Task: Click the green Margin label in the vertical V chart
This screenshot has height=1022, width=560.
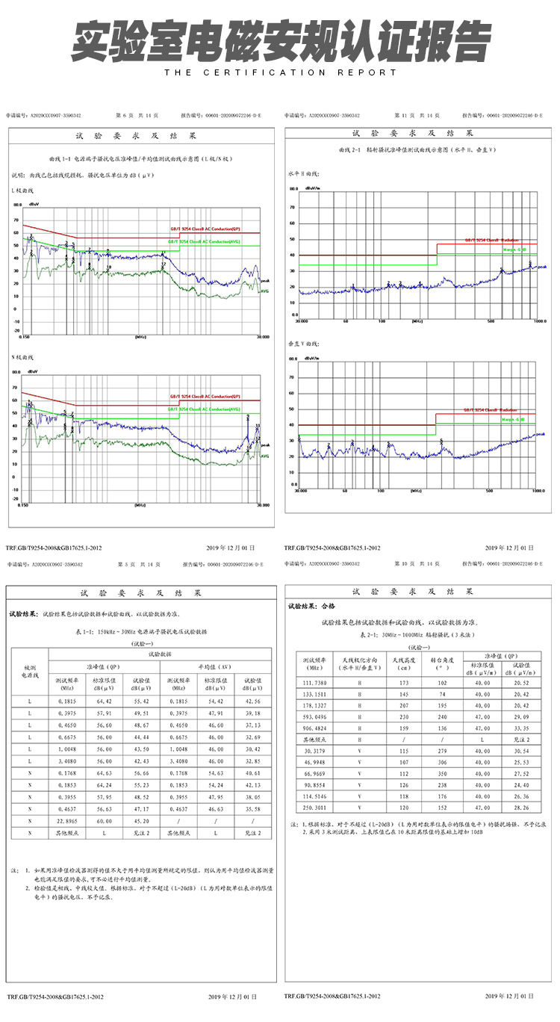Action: coord(514,421)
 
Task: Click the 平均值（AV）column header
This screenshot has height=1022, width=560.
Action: coord(215,667)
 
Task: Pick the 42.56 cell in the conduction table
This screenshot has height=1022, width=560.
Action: coord(252,702)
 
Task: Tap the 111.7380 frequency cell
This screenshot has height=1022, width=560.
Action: coord(314,683)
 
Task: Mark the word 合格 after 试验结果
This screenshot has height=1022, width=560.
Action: coord(329,606)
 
